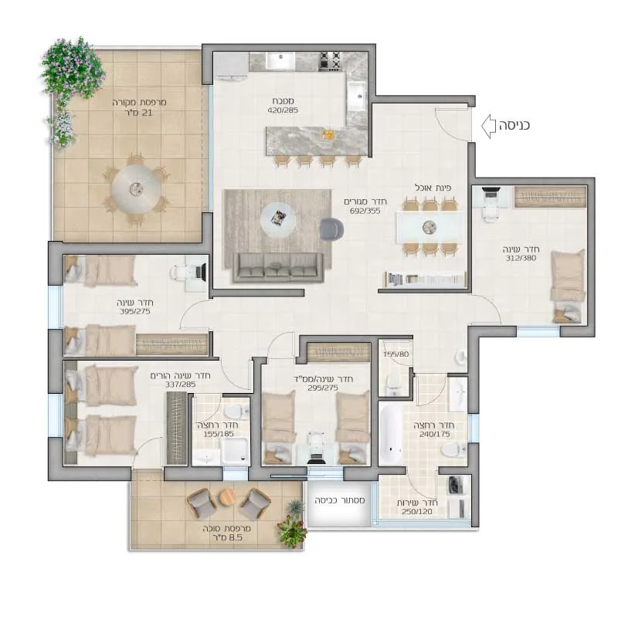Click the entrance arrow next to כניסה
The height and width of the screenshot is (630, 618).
488,126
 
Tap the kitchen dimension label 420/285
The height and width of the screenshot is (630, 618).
283,110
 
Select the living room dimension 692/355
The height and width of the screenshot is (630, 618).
365,211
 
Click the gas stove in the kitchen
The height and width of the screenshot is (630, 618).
330,62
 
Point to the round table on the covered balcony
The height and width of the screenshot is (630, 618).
136,188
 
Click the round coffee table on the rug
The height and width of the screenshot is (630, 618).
278,219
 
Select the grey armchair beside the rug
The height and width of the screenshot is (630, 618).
331,229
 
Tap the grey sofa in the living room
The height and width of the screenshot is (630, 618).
279,267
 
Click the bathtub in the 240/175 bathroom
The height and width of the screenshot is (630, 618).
390,434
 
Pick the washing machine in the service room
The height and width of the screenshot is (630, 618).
455,485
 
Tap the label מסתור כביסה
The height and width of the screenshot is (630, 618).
339,500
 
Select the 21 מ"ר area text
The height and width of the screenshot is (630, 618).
138,113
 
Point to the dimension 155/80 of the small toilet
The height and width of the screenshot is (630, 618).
396,354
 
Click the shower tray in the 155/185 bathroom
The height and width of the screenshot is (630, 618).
236,447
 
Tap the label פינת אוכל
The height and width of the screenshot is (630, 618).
433,188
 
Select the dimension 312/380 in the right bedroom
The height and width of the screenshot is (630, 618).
521,258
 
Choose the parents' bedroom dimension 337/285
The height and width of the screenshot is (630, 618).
180,384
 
